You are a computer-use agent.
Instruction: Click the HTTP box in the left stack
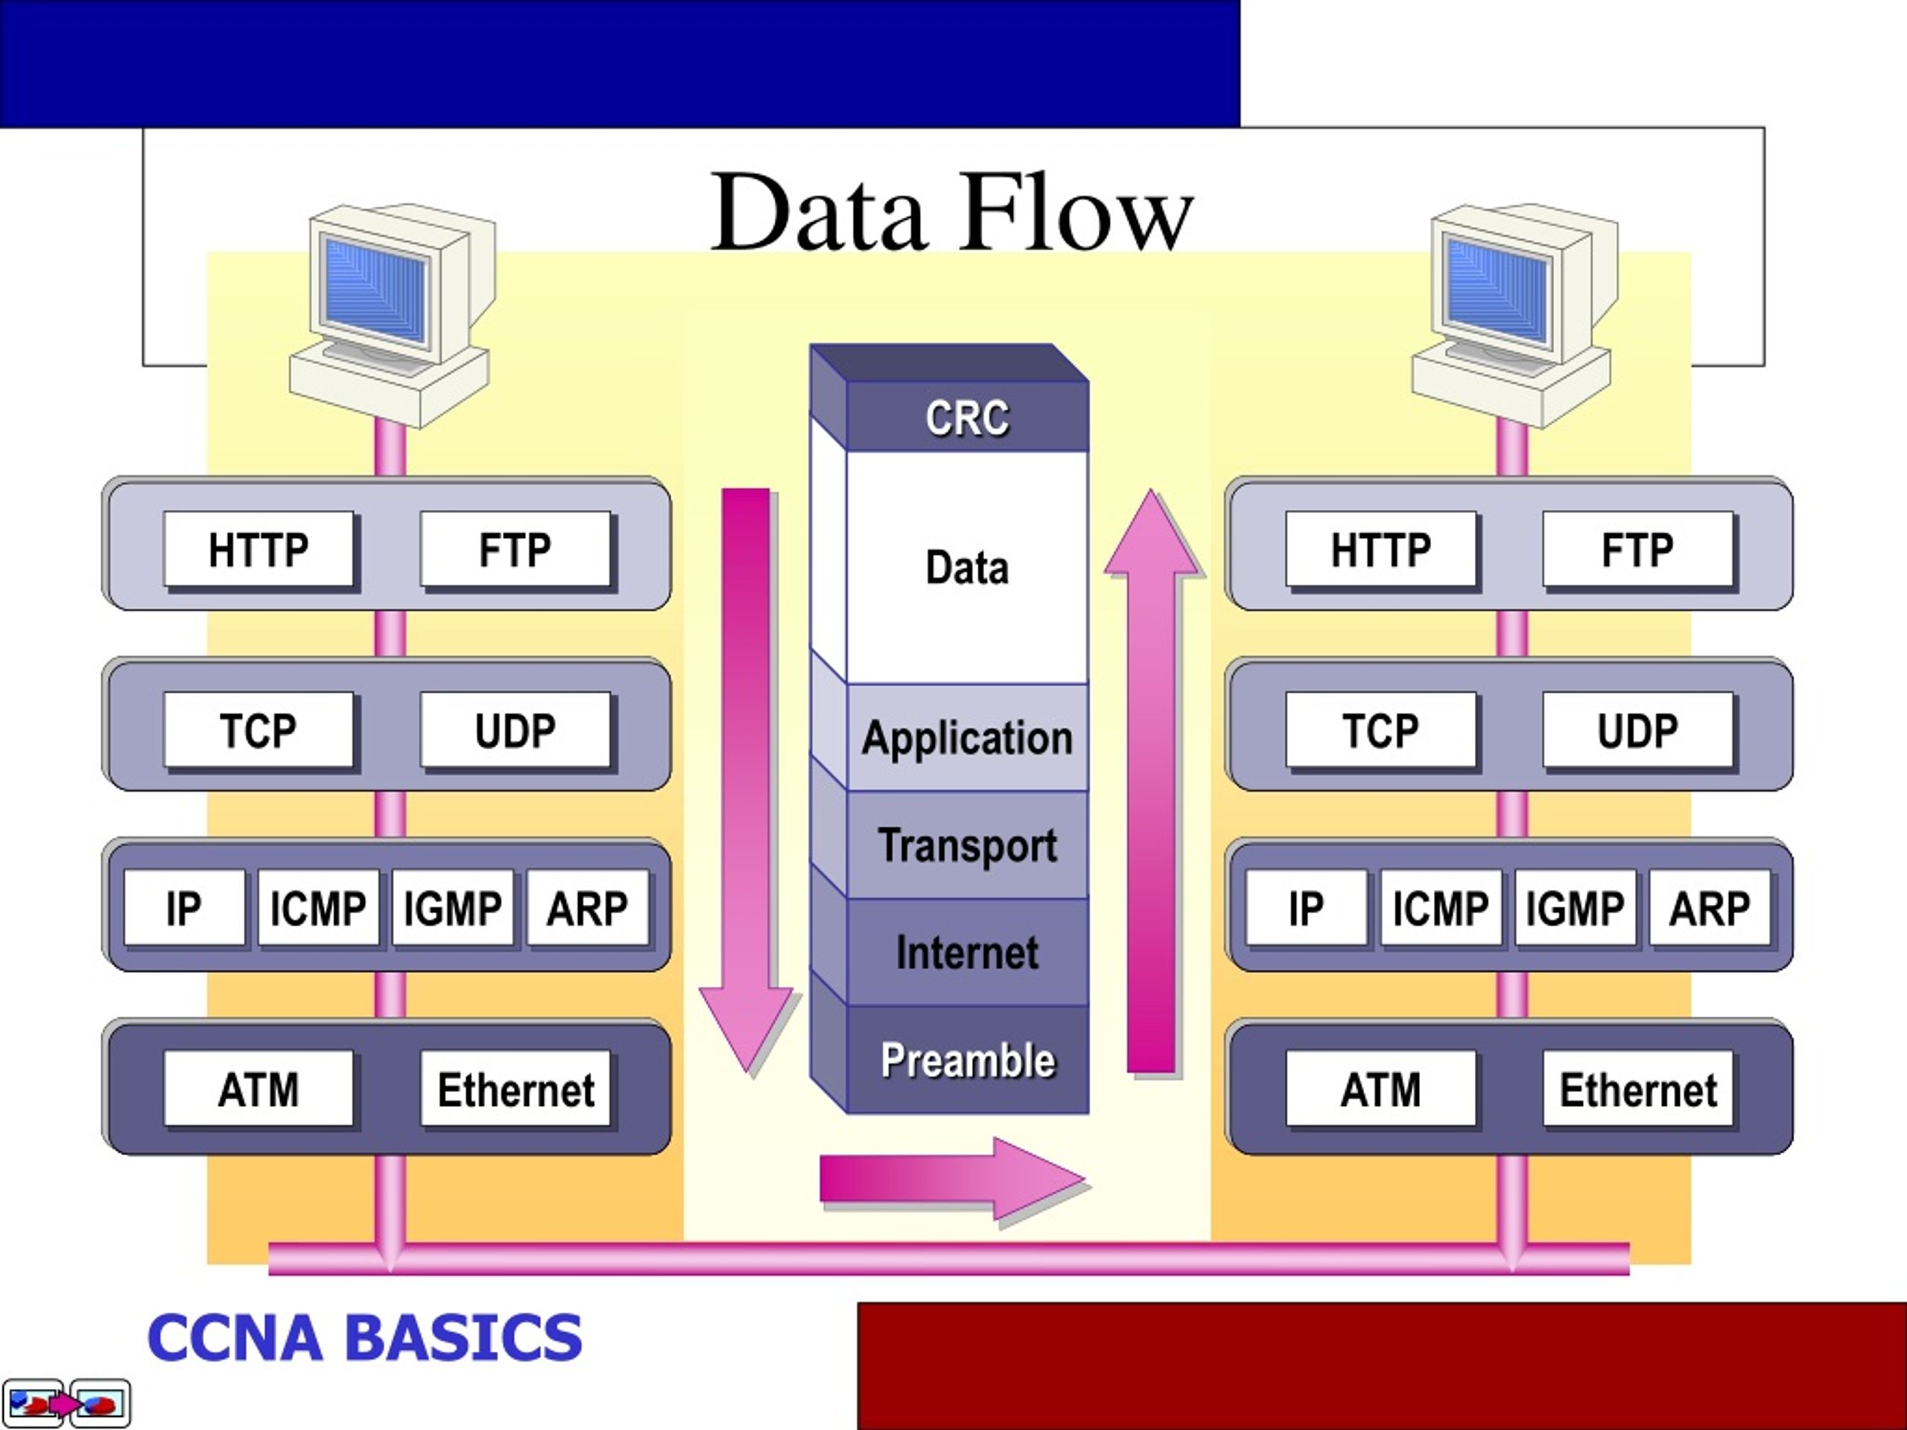click(258, 549)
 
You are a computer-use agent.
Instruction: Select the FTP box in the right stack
click(1637, 549)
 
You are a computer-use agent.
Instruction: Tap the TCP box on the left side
click(258, 729)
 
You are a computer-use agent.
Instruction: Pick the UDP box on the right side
click(1637, 729)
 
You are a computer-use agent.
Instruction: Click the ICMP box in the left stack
click(318, 908)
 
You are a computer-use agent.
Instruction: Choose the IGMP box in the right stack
click(1575, 908)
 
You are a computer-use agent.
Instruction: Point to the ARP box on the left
click(587, 908)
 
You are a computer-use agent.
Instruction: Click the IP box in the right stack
click(1306, 908)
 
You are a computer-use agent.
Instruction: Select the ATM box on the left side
click(258, 1088)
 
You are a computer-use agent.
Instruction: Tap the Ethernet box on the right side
click(1637, 1088)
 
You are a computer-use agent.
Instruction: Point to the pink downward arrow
click(746, 780)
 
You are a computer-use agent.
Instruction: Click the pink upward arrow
click(1152, 780)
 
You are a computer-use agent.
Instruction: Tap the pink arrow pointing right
click(953, 1178)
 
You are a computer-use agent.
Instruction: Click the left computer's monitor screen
click(376, 290)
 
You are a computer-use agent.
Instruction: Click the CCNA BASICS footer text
click(365, 1338)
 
